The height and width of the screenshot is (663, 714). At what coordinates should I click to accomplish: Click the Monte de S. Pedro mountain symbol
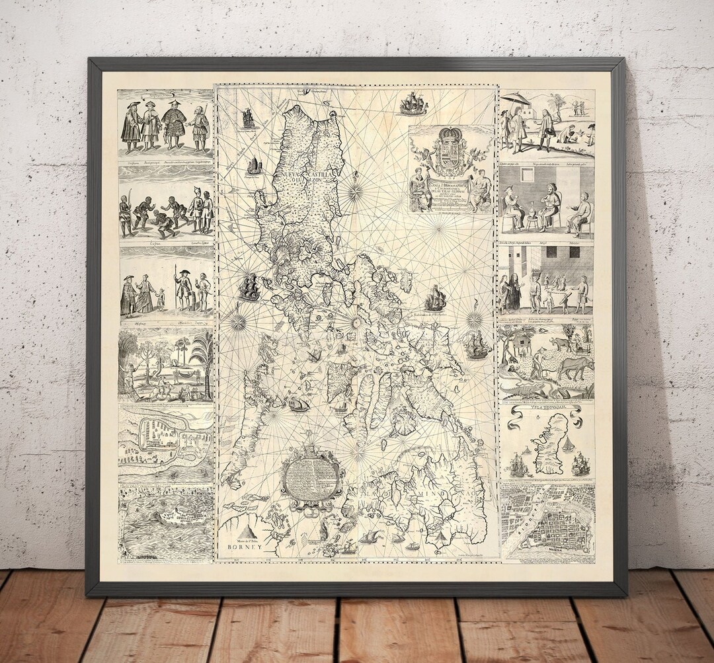249,531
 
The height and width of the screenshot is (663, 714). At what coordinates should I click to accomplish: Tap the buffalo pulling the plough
574,367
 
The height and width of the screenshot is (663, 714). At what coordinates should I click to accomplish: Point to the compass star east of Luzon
355,192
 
